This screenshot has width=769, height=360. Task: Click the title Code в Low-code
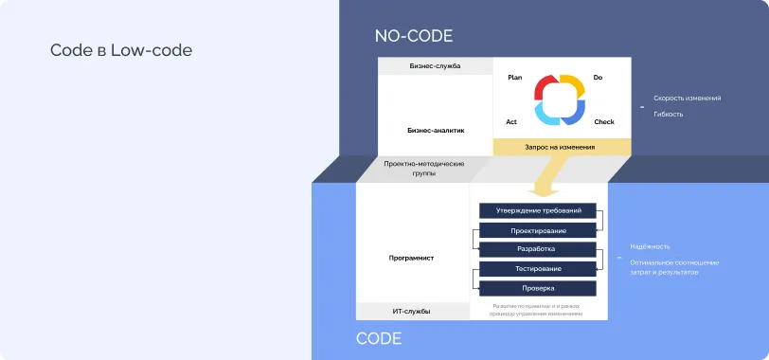121,50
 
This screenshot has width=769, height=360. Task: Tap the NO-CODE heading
414,36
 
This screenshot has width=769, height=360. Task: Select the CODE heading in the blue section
379,338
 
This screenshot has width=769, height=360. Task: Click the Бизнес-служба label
435,66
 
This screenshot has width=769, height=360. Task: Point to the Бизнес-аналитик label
436,129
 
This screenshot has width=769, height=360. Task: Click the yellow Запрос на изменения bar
560,147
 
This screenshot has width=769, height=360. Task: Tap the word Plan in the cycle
515,78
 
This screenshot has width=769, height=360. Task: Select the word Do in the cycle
598,78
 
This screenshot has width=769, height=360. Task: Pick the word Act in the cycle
511,122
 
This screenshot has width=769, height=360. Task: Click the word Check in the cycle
604,122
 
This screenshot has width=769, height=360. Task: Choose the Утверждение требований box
537,210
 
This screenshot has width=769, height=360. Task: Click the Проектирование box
537,230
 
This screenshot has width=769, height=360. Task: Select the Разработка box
537,249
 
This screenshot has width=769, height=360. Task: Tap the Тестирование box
537,269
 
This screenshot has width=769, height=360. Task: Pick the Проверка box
537,288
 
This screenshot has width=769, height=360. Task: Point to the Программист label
412,258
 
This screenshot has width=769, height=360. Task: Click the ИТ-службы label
412,311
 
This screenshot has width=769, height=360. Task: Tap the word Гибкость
668,114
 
